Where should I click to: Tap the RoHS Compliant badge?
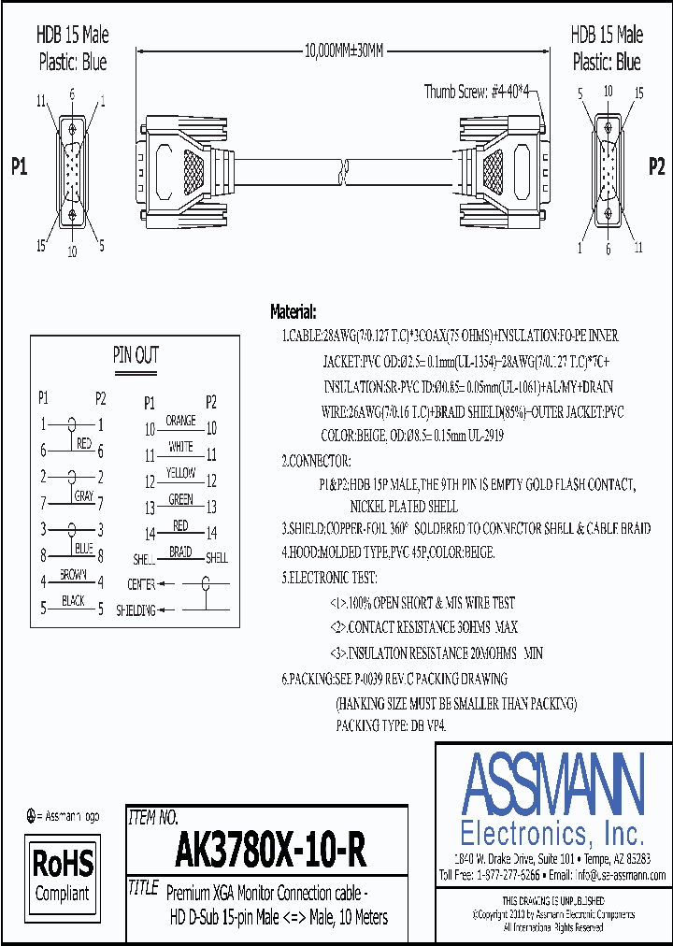click(63, 873)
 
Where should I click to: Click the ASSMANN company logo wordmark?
click(553, 786)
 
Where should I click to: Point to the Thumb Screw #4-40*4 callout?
click(478, 91)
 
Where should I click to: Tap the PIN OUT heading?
click(136, 355)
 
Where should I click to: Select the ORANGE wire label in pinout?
click(180, 422)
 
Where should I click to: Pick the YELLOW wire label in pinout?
click(180, 474)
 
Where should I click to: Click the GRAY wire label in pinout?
click(84, 496)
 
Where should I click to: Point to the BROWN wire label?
click(73, 574)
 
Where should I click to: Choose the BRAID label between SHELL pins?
click(180, 552)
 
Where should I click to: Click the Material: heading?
click(294, 311)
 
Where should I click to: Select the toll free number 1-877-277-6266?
click(504, 876)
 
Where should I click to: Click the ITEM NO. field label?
click(152, 818)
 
